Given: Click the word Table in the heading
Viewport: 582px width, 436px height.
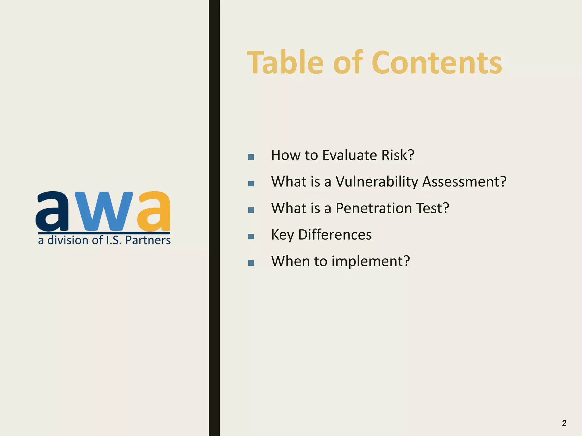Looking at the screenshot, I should (285, 62).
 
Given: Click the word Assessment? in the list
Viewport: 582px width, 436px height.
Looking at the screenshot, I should (464, 182).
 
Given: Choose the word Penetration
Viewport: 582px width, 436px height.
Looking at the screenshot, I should (374, 208).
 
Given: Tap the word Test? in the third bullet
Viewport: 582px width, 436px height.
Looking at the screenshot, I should (432, 208).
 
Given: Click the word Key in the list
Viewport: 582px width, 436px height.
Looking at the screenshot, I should (282, 235).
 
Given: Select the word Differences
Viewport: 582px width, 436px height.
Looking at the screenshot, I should (335, 235).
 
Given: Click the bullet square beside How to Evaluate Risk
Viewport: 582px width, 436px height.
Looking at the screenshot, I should (251, 157).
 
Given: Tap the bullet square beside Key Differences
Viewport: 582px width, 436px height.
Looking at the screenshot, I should (251, 236).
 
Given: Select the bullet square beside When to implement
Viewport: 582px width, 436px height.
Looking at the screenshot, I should (251, 263).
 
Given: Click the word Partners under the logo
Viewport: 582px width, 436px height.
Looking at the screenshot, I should (148, 240).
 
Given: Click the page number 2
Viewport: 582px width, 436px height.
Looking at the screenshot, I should (564, 423).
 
